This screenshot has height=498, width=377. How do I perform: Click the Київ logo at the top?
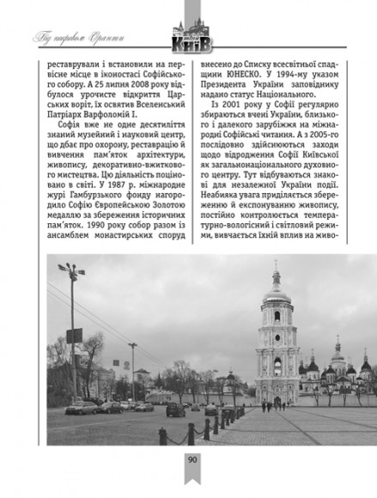coord(192,38)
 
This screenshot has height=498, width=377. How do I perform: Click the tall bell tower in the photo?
coord(276,343)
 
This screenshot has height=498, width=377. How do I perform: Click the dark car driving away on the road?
coord(175,410)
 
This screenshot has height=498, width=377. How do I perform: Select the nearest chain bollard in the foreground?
coord(162,435)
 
